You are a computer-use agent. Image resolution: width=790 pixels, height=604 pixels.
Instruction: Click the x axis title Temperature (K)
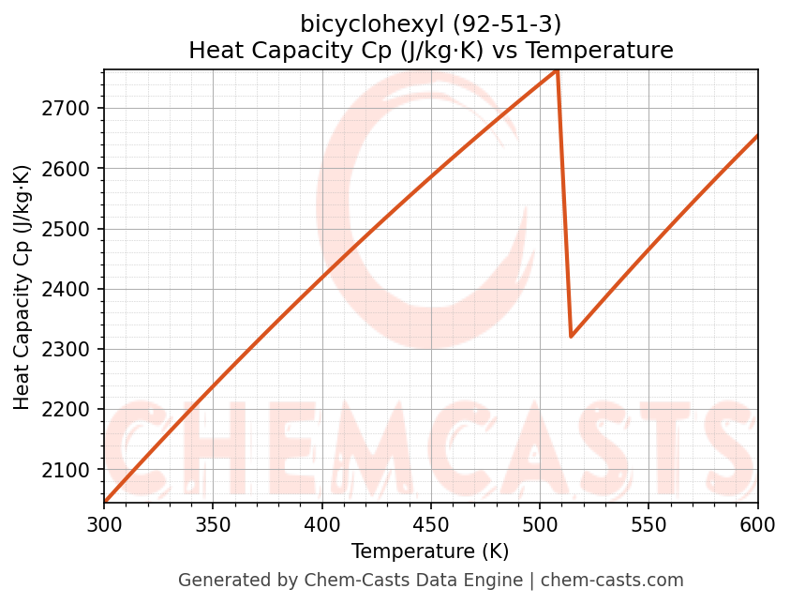(x=430, y=551)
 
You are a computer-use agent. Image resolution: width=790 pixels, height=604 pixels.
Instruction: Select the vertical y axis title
(x=22, y=287)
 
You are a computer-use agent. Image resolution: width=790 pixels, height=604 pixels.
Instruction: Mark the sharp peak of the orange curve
(x=558, y=70)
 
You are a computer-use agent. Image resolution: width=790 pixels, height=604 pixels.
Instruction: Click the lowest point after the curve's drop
(x=571, y=336)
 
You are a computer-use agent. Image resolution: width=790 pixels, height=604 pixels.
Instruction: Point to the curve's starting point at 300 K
(x=105, y=503)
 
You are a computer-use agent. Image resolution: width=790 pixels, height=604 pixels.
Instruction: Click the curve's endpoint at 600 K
(x=757, y=136)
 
